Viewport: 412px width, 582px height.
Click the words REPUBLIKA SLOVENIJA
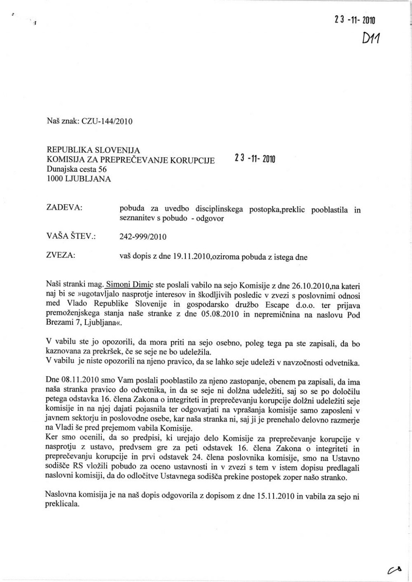tap(93, 150)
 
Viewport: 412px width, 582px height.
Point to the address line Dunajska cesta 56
tap(77, 169)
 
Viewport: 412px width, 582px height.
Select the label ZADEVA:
tap(65, 207)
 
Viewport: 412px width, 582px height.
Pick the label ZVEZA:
tap(62, 255)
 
